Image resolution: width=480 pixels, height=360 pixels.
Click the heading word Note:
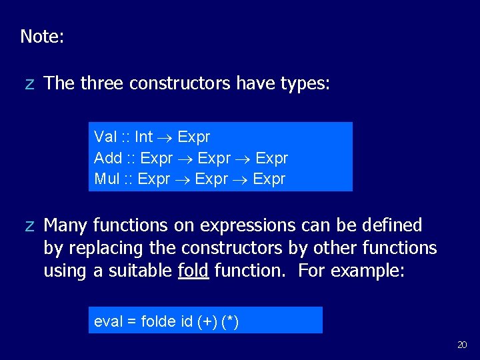42,37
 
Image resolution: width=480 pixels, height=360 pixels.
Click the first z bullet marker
29,84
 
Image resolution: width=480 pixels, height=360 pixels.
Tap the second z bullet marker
29,226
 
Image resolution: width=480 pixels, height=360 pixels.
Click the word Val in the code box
105,137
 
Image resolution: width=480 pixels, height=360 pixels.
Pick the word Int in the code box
143,137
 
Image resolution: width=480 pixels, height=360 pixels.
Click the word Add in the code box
108,159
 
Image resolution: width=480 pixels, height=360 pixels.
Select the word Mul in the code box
107,179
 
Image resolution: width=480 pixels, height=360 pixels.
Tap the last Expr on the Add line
272,159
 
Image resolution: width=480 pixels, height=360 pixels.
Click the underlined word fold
193,271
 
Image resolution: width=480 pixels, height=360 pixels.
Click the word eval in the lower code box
108,322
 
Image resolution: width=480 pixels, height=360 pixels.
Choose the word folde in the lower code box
158,322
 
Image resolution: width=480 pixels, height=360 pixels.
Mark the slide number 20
462,345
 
